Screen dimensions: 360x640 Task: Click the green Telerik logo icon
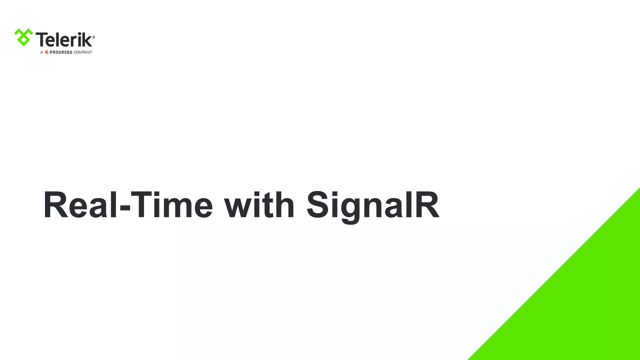pyautogui.click(x=23, y=37)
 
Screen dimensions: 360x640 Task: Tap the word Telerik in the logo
pyautogui.click(x=65, y=40)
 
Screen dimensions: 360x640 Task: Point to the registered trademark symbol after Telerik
pyautogui.click(x=94, y=37)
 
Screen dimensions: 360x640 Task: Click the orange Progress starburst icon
pyautogui.click(x=46, y=52)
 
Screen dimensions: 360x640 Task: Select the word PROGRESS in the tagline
pyautogui.click(x=61, y=52)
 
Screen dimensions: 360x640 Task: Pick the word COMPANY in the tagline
pyautogui.click(x=83, y=52)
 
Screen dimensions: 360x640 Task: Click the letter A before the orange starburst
pyautogui.click(x=42, y=52)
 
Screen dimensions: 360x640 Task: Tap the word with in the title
pyautogui.click(x=259, y=205)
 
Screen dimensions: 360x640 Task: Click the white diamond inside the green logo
pyautogui.click(x=23, y=40)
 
